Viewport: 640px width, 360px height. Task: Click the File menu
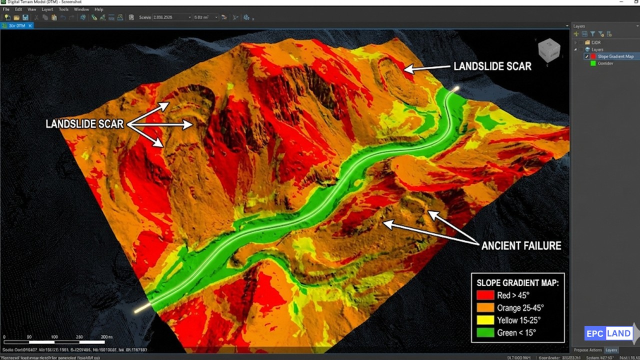pos(6,9)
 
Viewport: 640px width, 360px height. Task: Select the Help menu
pos(98,9)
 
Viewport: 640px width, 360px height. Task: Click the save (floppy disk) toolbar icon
pos(24,17)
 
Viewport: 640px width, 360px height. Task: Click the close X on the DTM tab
pos(30,25)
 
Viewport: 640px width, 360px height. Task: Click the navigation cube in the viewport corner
pos(548,50)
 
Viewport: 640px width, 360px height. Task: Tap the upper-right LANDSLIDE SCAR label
pos(492,66)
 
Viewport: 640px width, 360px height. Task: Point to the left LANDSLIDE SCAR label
pos(84,124)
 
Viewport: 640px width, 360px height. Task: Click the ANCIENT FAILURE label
pos(521,245)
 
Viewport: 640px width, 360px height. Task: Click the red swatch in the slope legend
pos(485,295)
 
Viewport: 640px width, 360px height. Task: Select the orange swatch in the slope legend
pos(485,308)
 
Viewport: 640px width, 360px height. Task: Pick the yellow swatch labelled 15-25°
pos(485,320)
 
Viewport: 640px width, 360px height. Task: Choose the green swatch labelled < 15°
pos(485,333)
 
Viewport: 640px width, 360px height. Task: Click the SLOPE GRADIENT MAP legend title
pos(517,283)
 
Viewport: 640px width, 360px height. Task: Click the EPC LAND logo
pos(608,333)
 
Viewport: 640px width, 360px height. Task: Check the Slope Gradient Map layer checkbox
pos(587,56)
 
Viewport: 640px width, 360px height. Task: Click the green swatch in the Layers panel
pos(593,63)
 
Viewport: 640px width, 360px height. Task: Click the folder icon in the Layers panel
pos(587,42)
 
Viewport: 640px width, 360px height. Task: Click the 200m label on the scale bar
pos(106,337)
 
